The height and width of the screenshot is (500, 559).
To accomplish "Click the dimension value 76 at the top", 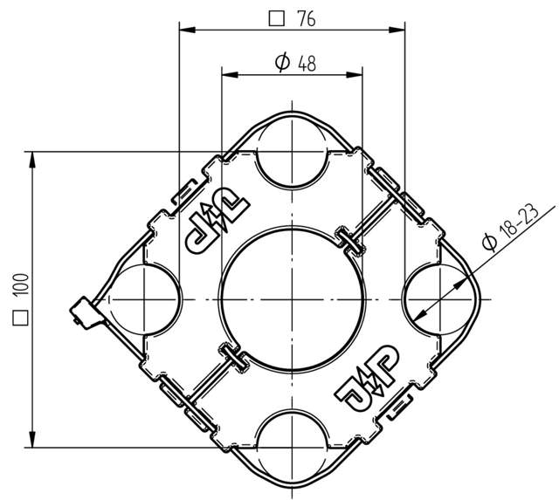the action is tap(307, 19).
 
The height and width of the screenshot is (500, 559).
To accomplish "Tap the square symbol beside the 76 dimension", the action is tap(277, 19).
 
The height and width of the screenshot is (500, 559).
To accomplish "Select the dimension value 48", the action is tap(307, 64).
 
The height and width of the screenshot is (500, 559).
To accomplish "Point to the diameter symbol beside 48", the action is tap(282, 63).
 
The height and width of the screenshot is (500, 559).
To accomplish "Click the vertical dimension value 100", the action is tap(20, 284).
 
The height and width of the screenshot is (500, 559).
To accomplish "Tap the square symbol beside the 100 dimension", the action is tap(20, 318).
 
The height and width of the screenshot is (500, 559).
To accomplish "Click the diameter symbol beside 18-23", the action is tap(489, 243).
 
